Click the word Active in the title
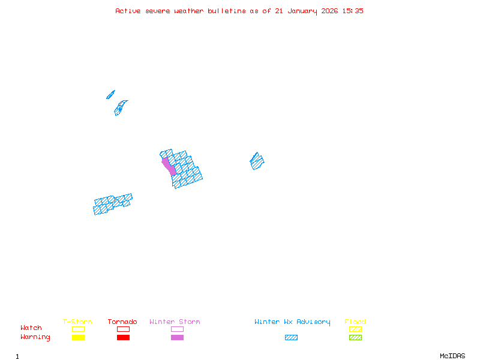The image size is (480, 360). click(x=128, y=11)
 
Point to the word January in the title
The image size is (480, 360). click(x=301, y=11)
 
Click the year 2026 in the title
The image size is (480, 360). click(x=329, y=11)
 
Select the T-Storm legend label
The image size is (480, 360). click(x=77, y=322)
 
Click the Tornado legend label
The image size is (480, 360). click(x=122, y=322)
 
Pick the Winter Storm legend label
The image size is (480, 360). click(x=175, y=322)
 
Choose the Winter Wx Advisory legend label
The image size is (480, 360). click(x=292, y=322)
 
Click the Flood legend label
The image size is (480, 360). click(x=355, y=322)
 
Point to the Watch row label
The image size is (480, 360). click(x=31, y=328)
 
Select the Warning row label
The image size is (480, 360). click(x=35, y=337)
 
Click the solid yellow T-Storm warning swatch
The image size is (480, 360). click(x=78, y=338)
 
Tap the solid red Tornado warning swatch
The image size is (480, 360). click(x=123, y=338)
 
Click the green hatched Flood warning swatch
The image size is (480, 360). click(x=355, y=338)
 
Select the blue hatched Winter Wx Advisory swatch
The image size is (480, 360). click(x=291, y=338)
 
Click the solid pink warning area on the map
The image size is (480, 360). click(x=169, y=166)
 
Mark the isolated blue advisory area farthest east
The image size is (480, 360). click(x=257, y=161)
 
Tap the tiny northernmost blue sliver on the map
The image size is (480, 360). click(x=110, y=94)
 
